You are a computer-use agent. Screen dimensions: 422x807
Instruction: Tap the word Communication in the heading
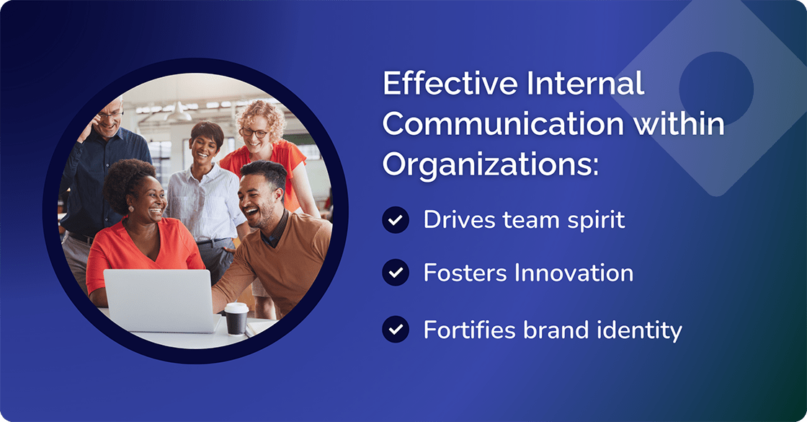(503, 124)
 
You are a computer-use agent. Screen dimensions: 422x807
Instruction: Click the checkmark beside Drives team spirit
(395, 220)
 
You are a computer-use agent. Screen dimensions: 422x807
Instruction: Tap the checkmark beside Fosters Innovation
(395, 273)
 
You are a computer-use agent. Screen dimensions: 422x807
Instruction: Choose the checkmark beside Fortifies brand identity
(395, 330)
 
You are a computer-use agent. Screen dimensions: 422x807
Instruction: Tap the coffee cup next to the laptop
(236, 318)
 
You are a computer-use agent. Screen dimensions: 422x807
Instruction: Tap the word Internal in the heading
(586, 84)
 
